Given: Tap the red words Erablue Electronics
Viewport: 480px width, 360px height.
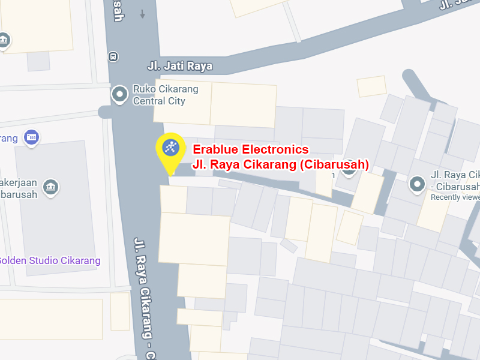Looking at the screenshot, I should click(x=250, y=149).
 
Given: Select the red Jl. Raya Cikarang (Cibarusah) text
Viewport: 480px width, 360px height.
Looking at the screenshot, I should click(x=280, y=164).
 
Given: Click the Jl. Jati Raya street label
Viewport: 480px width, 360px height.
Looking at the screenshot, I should click(x=179, y=66).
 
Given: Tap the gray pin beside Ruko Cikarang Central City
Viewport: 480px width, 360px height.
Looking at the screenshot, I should click(x=120, y=94).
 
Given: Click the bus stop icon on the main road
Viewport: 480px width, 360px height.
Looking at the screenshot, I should click(x=113, y=56).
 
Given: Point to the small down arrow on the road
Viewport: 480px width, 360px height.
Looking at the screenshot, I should click(x=142, y=14).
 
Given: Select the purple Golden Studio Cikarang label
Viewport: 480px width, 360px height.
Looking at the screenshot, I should click(x=49, y=260).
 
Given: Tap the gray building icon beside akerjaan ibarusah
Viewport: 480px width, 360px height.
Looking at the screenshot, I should click(x=51, y=187).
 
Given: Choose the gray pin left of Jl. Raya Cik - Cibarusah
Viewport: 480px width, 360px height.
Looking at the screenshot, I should click(x=417, y=184).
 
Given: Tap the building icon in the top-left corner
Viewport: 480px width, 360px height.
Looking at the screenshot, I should click(x=4, y=40).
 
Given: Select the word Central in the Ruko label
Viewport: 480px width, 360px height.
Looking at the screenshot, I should click(x=150, y=101).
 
